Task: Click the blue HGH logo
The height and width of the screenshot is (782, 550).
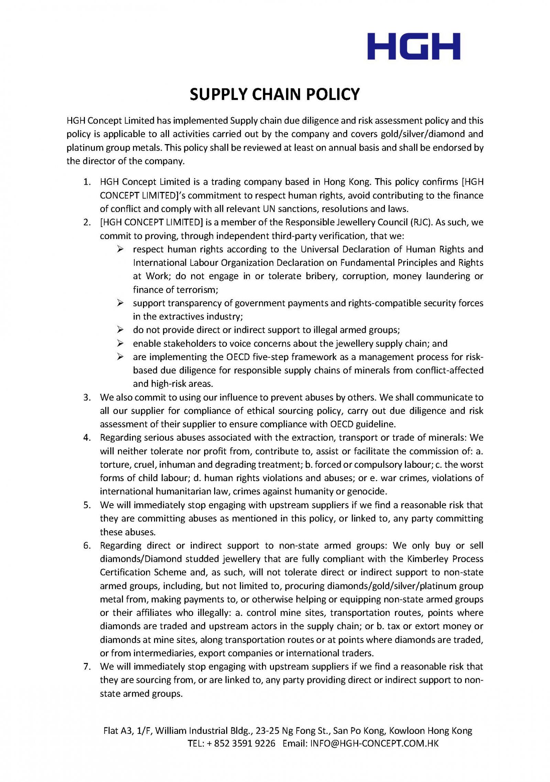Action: click(x=414, y=46)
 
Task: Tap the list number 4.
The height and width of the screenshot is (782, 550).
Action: click(x=87, y=438)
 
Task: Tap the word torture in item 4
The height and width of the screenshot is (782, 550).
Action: click(x=112, y=465)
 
